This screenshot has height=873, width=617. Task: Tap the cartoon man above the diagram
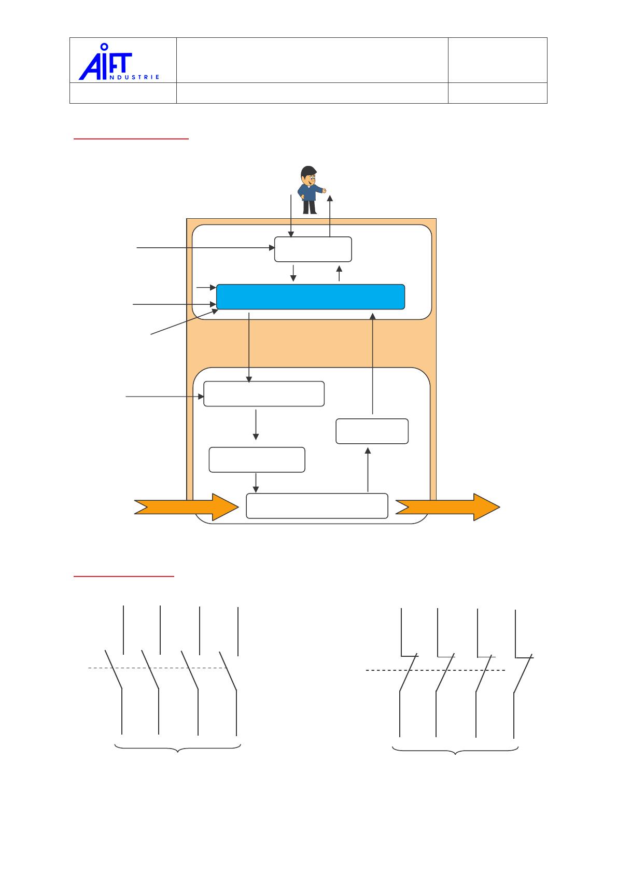click(x=310, y=190)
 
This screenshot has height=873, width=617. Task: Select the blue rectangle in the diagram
click(x=310, y=297)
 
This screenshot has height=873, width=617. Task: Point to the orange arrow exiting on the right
click(x=447, y=506)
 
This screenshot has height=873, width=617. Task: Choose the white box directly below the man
click(x=313, y=249)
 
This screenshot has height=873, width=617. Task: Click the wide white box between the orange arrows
click(x=317, y=506)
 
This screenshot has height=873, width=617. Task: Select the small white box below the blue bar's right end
click(x=372, y=431)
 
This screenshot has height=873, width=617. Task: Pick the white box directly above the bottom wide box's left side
click(x=257, y=459)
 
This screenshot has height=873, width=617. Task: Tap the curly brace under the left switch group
click(x=178, y=748)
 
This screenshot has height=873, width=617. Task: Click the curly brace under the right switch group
click(x=455, y=750)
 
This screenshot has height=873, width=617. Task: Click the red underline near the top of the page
click(x=131, y=139)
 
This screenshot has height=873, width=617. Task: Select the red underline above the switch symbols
click(x=124, y=576)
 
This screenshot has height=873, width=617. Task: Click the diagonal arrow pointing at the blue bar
click(x=184, y=322)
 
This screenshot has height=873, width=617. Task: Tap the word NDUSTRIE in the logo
click(x=135, y=77)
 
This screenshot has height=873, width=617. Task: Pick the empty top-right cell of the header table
click(x=497, y=60)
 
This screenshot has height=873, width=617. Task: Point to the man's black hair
click(x=308, y=171)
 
